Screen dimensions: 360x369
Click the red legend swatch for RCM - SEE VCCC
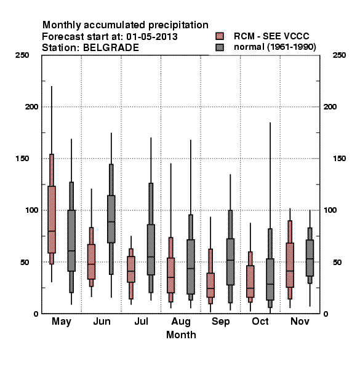tap(220, 36)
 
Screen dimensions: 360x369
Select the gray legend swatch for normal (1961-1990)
tap(220, 47)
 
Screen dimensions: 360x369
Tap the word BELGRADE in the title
tap(111, 48)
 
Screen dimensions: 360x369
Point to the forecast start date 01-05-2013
tap(152, 37)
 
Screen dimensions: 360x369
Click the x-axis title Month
tap(181, 335)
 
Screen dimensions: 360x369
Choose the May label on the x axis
tap(62, 322)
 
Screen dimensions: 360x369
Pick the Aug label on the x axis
tap(181, 322)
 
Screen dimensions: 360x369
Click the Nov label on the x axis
tap(300, 321)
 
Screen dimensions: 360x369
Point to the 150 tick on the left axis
tap(22, 159)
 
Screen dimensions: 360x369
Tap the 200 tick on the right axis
tap(330, 106)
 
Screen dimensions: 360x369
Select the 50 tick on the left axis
tap(25, 262)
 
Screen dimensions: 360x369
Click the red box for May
tap(52, 220)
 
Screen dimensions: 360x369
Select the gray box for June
tap(111, 219)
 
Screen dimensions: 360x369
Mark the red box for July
tap(131, 269)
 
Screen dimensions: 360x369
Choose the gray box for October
tap(270, 279)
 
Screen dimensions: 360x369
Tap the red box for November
tap(290, 265)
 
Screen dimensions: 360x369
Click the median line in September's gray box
tap(230, 260)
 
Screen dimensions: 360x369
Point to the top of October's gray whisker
tap(270, 122)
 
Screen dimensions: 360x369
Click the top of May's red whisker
tap(52, 86)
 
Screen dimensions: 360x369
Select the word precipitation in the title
tap(178, 25)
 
